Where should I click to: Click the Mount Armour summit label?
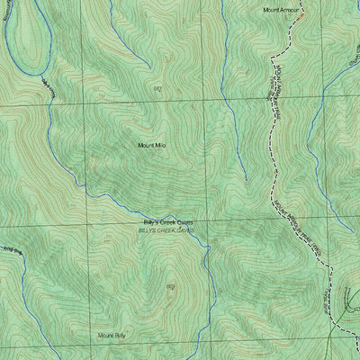(281, 10)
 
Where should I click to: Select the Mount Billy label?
(113, 335)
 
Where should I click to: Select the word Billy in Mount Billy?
(122, 335)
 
